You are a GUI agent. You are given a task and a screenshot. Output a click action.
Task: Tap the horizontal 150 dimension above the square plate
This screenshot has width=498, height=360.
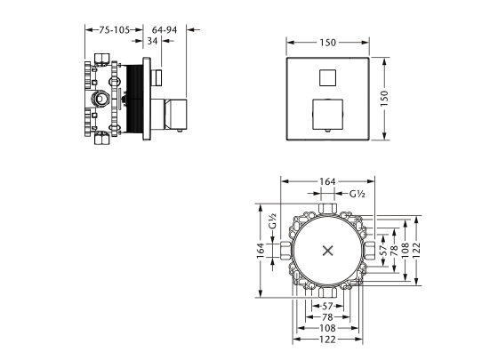(329, 42)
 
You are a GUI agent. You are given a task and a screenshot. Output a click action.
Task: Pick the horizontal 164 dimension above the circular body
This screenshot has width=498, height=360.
(328, 182)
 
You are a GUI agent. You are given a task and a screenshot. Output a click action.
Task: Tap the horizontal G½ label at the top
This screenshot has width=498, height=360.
(357, 194)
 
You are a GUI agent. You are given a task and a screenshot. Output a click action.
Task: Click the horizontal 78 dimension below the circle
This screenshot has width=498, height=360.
(329, 317)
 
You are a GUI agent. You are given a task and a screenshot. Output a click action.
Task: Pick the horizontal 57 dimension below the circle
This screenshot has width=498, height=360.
(328, 306)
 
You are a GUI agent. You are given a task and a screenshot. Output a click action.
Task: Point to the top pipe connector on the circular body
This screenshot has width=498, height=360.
(329, 210)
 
